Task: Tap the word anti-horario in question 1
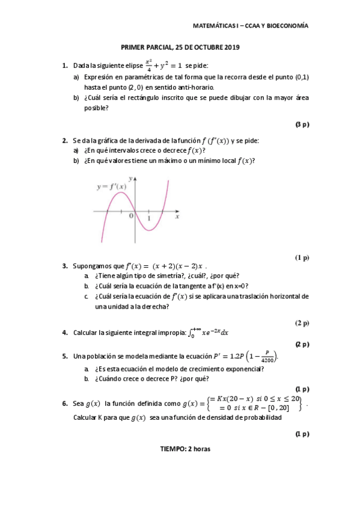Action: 188,87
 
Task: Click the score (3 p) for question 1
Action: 302,124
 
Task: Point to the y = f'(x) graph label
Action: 112,187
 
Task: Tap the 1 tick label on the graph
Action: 149,218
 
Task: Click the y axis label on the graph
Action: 130,178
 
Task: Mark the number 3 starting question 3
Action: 64,265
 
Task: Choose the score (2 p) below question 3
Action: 302,323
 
